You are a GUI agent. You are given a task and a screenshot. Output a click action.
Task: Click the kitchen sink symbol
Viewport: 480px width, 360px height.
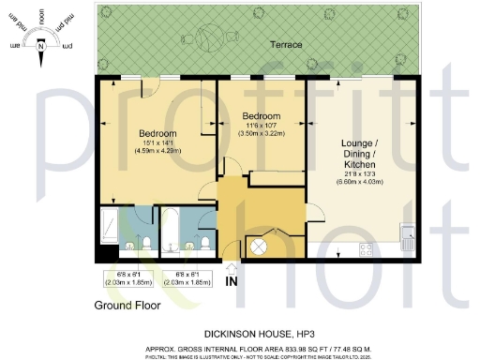(408, 232)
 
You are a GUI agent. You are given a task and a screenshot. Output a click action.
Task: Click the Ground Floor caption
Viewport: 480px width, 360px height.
(127, 305)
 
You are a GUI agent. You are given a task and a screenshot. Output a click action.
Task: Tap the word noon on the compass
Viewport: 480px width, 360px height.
(40, 18)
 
